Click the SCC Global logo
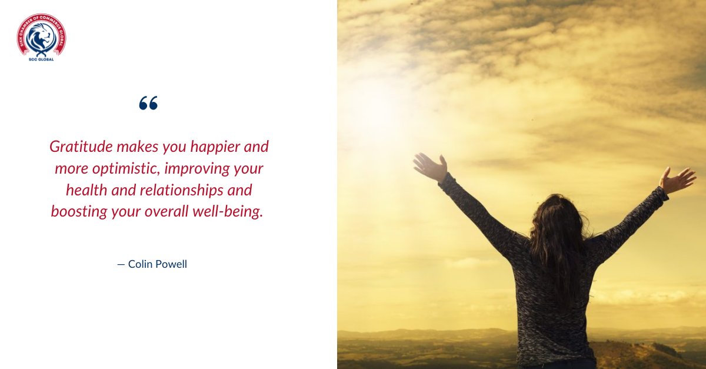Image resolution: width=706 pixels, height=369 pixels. pyautogui.click(x=41, y=37)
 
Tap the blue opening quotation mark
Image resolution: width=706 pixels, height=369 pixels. pyautogui.click(x=148, y=104)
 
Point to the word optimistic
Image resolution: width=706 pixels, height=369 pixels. pyautogui.click(x=121, y=169)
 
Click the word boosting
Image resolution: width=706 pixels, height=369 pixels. pyautogui.click(x=80, y=212)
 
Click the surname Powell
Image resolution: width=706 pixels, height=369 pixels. pyautogui.click(x=173, y=264)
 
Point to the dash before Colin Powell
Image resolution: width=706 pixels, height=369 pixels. pyautogui.click(x=121, y=264)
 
